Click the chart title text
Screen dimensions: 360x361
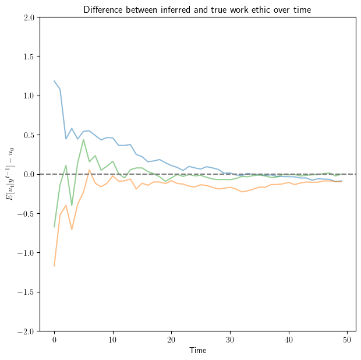[197, 9]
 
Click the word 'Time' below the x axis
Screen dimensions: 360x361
[197, 351]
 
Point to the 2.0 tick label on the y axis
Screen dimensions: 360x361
[29, 17]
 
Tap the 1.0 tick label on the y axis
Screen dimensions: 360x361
[29, 96]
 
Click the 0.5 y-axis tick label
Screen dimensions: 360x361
[29, 135]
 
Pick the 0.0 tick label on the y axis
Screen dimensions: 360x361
[29, 174]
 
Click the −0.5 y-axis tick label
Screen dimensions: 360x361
[26, 213]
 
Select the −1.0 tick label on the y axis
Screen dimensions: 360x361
[26, 253]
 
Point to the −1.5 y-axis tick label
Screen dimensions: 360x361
[26, 292]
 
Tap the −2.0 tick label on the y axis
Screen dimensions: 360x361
[26, 331]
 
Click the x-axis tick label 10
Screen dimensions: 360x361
[113, 340]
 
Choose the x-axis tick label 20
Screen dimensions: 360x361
[172, 340]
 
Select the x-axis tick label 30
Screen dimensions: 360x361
[231, 340]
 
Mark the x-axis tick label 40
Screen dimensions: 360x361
[289, 340]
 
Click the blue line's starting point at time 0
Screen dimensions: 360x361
[54, 81]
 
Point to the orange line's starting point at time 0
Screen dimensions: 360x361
[54, 266]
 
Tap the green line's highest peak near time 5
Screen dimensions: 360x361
[84, 139]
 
